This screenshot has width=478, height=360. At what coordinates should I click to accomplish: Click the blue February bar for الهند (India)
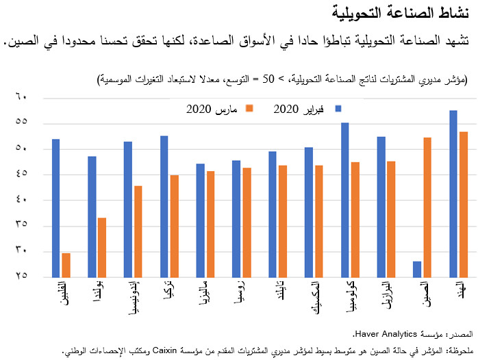(453, 194)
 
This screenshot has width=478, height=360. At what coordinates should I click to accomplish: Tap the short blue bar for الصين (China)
(416, 269)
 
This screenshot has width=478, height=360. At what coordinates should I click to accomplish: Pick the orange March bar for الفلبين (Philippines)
(66, 265)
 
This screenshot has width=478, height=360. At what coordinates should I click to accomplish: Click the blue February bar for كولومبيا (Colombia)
(344, 200)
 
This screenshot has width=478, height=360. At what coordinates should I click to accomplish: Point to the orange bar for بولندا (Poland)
(102, 247)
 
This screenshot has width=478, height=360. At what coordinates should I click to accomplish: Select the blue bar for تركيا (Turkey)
(164, 206)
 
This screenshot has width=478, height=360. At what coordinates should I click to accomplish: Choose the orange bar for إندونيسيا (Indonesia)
(138, 231)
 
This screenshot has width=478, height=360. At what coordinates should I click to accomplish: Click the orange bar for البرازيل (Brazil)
(391, 219)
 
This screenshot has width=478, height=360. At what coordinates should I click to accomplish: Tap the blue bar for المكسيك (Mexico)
(308, 212)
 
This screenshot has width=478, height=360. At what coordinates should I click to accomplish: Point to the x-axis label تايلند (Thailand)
(273, 293)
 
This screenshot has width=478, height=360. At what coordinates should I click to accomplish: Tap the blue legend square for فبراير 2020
(338, 107)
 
